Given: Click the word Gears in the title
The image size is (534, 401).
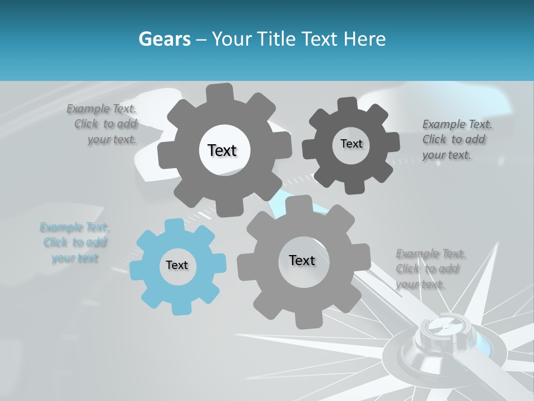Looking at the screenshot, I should click(x=164, y=39).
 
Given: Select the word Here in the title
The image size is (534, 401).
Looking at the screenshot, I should click(x=365, y=39).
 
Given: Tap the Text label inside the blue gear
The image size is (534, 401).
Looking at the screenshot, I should click(x=177, y=266).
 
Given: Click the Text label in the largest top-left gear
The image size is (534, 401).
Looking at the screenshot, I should click(x=222, y=150).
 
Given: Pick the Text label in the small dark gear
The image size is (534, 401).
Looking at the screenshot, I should click(x=351, y=144).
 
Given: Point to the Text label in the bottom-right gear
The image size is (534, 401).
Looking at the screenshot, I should click(x=301, y=260).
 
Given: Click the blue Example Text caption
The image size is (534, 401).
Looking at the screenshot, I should click(x=75, y=243).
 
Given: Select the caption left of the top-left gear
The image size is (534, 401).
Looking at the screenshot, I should click(x=106, y=124).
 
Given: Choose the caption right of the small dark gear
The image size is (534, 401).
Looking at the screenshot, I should click(x=454, y=139).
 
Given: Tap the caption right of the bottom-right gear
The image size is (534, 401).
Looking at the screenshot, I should click(x=428, y=269).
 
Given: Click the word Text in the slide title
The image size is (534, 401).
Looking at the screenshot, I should click(x=320, y=39).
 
